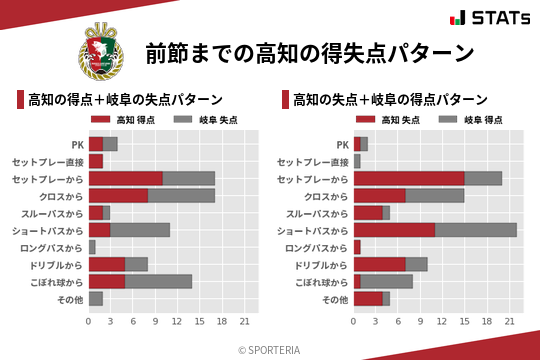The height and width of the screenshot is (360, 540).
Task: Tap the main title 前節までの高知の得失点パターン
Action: tap(309, 53)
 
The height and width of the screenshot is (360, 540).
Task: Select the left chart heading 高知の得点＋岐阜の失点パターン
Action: tap(125, 100)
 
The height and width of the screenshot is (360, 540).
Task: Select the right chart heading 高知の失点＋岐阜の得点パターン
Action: tap(390, 100)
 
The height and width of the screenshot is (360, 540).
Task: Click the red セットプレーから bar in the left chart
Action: tap(125, 178)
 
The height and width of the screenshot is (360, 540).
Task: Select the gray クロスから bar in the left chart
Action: tap(181, 195)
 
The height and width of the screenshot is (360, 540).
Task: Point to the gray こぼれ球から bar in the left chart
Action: tap(158, 281)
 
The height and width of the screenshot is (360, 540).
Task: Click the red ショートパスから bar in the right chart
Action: tap(394, 230)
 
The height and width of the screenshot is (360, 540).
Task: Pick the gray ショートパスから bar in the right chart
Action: tap(476, 230)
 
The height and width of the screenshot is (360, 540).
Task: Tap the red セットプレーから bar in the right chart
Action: tap(409, 178)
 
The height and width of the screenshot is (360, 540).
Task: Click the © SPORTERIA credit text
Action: tap(270, 349)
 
